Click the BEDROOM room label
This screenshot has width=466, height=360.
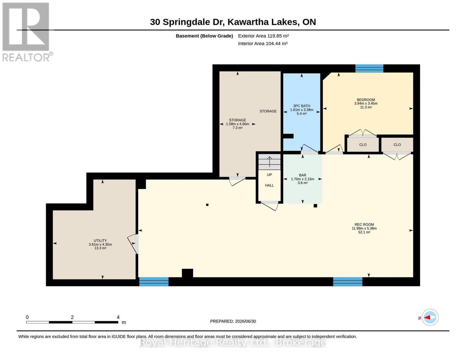pyautogui.click(x=366, y=100)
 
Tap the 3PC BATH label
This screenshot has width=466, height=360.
pyautogui.click(x=302, y=106)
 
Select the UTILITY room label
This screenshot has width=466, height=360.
pyautogui.click(x=100, y=241)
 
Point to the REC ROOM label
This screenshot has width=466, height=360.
pyautogui.click(x=364, y=224)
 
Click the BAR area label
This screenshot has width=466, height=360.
pyautogui.click(x=302, y=175)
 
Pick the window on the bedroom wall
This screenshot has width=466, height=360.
pyautogui.click(x=369, y=68)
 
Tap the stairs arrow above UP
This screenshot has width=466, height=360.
pyautogui.click(x=269, y=161)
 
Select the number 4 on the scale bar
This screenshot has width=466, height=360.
pyautogui.click(x=118, y=317)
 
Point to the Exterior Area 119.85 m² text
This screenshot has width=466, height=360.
pyautogui.click(x=263, y=36)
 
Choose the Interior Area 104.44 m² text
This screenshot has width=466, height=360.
pyautogui.click(x=263, y=43)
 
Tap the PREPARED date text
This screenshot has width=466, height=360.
pyautogui.click(x=233, y=321)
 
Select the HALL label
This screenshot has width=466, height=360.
pyautogui.click(x=269, y=185)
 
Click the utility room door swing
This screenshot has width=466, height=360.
pyautogui.click(x=133, y=244)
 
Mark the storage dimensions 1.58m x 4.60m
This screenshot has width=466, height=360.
pyautogui.click(x=237, y=124)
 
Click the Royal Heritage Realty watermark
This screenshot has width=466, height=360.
pyautogui.click(x=233, y=342)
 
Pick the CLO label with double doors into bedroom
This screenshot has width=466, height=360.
pyautogui.click(x=363, y=145)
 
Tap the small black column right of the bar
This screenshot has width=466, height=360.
pyautogui.click(x=315, y=205)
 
